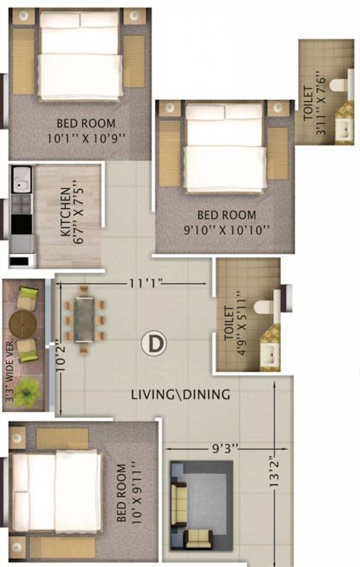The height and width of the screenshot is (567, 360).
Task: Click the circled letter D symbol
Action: coord(154,344)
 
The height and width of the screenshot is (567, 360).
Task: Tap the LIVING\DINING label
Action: coord(180,394)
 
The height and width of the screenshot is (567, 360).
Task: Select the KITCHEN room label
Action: coord(65,212)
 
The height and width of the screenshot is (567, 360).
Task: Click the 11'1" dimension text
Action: coord(145,283)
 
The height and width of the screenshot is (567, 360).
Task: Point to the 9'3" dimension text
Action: coord(225,448)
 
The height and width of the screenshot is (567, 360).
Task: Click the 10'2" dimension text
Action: coord(60,356)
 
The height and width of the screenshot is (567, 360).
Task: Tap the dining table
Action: coord(84,319)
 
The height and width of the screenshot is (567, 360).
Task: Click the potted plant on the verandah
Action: coord(27,391)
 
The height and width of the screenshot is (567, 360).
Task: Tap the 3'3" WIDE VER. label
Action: coord(9,369)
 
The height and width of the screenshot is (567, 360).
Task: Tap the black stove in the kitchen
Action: coord(21,224)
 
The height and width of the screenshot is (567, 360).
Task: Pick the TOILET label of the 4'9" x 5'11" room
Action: coord(229,323)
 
